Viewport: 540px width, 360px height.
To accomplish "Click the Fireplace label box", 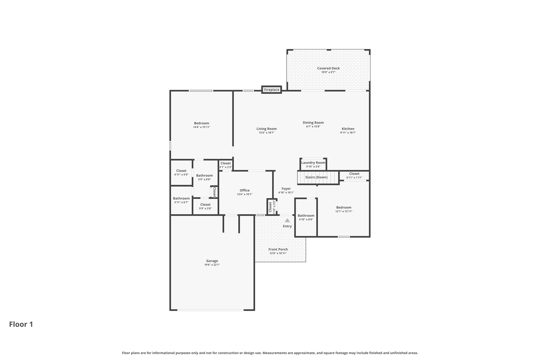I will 271,90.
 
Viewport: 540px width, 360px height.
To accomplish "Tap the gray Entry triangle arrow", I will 287,220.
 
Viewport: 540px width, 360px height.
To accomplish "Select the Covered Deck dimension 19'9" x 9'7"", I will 328,72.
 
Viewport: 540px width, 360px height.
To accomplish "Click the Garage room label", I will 212,261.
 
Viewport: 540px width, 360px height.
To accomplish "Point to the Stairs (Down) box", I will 318,177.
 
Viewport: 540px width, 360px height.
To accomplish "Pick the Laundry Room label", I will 313,163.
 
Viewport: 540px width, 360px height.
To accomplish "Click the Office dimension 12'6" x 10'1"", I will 244,194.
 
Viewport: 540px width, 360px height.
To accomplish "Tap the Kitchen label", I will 348,129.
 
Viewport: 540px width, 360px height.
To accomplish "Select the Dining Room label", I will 313,123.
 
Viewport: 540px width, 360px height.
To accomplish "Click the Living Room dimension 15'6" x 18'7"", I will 266,133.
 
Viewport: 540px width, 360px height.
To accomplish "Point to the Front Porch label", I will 278,249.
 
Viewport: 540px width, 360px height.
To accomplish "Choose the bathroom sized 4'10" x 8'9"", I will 306,217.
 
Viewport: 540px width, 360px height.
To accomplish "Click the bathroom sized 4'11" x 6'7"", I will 181,200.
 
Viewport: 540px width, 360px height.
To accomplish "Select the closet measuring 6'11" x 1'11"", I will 354,175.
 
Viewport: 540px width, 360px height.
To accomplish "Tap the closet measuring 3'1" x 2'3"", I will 225,165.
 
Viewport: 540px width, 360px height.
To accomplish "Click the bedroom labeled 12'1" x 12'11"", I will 344,209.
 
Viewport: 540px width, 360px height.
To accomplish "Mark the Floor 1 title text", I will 21,324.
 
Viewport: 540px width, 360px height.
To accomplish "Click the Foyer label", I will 286,189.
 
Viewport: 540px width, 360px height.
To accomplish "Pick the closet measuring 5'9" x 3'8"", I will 205,206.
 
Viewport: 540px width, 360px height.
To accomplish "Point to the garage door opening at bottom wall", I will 210,310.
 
